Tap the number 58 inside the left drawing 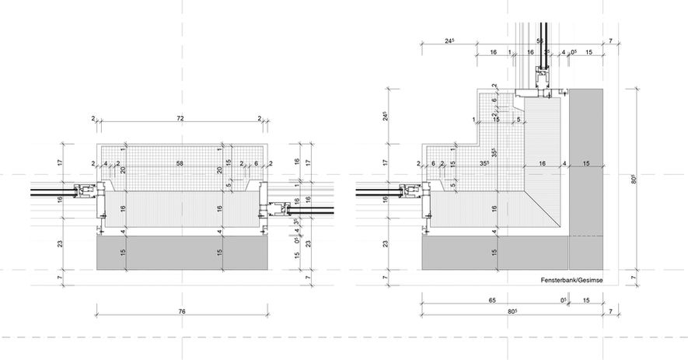(x=180, y=164)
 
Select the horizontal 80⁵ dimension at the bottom (x=512, y=311)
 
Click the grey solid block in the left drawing (x=183, y=253)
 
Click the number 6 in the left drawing (x=256, y=164)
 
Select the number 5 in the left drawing (x=228, y=186)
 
